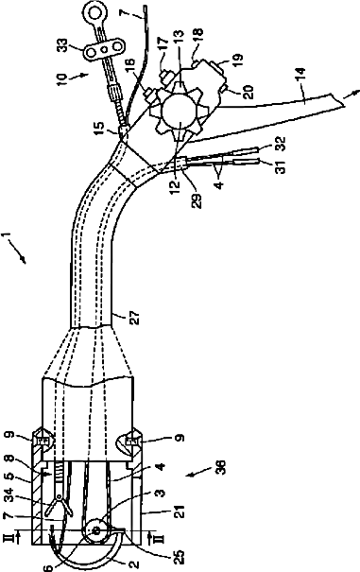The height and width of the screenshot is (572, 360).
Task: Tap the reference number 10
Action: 61,79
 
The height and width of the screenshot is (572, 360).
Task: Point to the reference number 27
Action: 134,318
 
